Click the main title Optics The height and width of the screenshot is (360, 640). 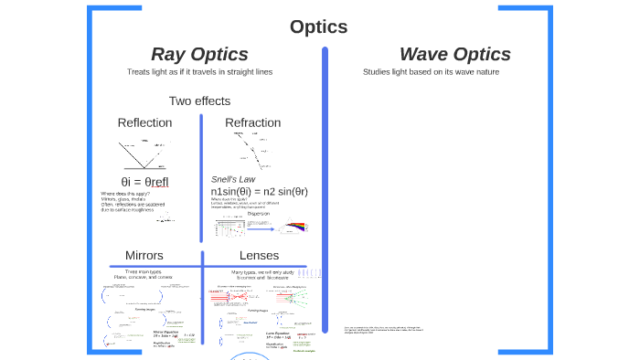click(318, 26)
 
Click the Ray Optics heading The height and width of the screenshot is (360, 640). click(199, 54)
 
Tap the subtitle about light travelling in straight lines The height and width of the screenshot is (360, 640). click(199, 71)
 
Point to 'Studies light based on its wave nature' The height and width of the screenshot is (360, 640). click(431, 71)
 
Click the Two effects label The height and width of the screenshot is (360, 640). click(199, 101)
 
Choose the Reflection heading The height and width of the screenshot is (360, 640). click(144, 122)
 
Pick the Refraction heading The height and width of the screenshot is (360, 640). click(252, 122)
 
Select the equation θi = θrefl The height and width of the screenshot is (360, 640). click(144, 181)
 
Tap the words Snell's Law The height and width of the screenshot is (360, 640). click(233, 178)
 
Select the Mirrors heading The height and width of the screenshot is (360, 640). click(144, 255)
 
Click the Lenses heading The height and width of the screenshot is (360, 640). click(259, 255)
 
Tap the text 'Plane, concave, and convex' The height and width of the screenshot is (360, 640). click(144, 276)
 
